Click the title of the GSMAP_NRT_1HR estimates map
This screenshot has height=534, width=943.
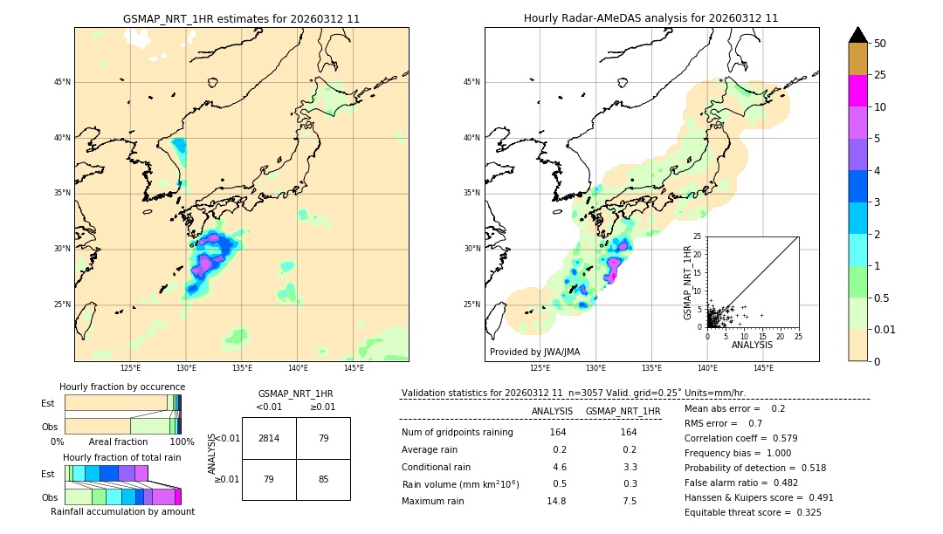click(x=241, y=18)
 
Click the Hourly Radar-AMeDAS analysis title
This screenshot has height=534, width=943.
click(x=650, y=18)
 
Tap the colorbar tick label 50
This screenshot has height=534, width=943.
click(x=880, y=44)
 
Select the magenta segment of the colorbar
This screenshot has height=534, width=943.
click(x=857, y=91)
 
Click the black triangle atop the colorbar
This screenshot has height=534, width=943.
click(x=857, y=35)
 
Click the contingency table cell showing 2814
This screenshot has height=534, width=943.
click(x=269, y=438)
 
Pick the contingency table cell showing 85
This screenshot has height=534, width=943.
click(x=323, y=479)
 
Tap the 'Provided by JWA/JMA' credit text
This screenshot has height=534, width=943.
click(x=534, y=353)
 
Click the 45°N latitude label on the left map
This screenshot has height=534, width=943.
click(x=62, y=82)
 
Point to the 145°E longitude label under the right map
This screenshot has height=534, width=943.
click(x=763, y=368)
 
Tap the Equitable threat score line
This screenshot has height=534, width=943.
click(x=753, y=512)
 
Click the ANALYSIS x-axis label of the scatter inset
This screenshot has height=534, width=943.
click(x=752, y=345)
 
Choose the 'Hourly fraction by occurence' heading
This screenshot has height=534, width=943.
click(x=122, y=387)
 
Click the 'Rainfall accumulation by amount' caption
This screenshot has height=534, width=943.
click(x=122, y=511)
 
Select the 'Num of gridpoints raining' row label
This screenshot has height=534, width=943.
click(x=457, y=433)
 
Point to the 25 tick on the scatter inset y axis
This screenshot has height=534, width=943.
click(x=699, y=236)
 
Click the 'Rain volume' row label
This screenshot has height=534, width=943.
click(x=460, y=484)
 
